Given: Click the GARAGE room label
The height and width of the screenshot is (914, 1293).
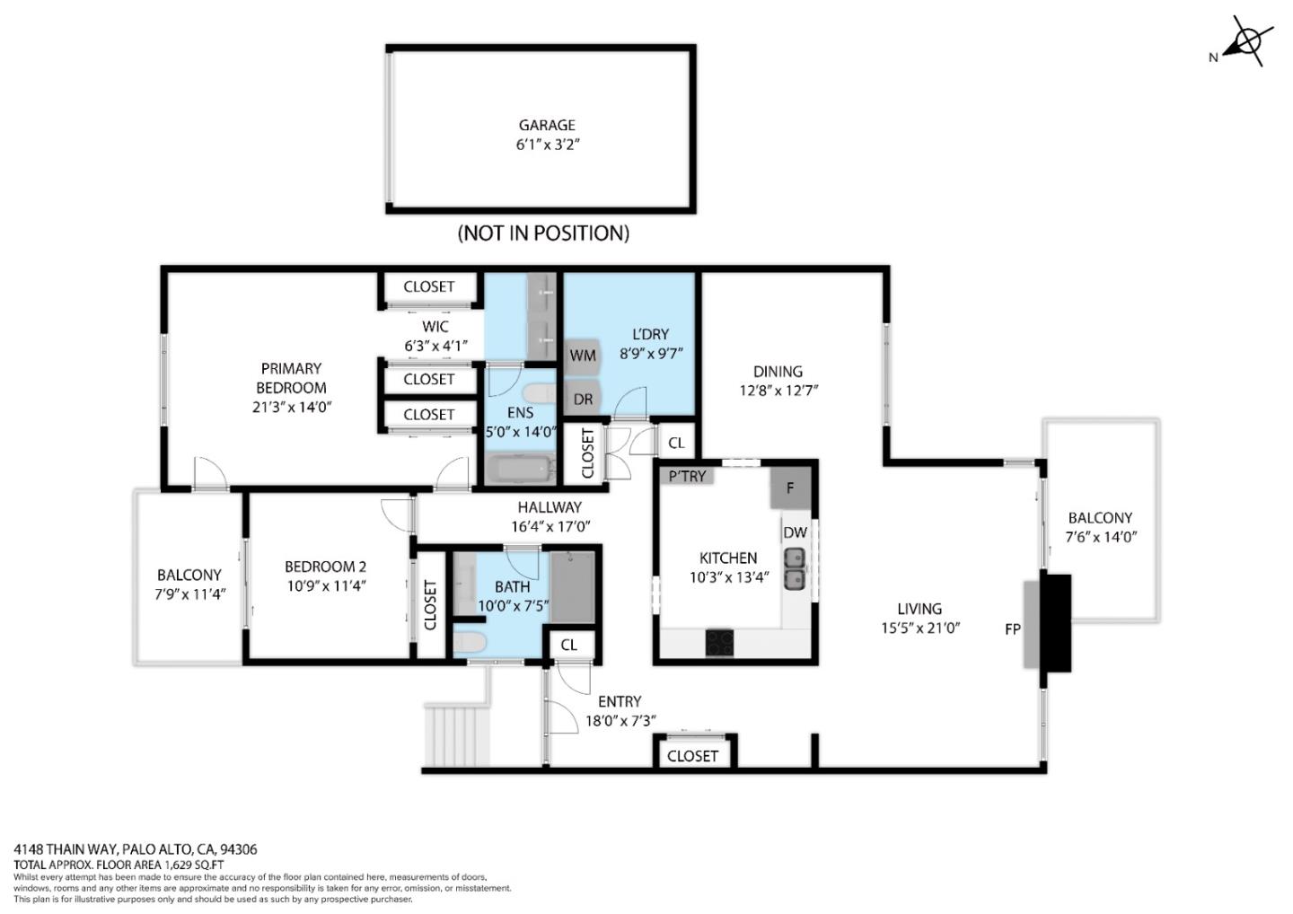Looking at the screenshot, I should pos(546,126).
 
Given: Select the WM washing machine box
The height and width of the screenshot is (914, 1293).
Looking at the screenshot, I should pos(583,356).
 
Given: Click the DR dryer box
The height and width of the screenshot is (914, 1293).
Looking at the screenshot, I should pos(582,400).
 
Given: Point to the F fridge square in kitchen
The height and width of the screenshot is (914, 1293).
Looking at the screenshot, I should pos(790,488).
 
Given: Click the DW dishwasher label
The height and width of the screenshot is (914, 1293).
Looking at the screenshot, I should pos(795,532).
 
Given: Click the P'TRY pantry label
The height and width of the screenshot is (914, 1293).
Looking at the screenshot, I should pos(688,477).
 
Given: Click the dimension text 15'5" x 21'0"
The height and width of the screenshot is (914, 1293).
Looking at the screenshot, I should pos(920,628).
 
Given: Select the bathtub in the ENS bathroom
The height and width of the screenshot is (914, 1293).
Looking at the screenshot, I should pos(520,470).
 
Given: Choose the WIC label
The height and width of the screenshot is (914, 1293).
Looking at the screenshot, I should pos(435,327).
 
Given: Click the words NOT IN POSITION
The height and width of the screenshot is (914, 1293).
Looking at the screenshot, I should pos(543,233).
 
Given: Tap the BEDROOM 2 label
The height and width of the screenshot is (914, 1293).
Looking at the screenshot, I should pos(325,567).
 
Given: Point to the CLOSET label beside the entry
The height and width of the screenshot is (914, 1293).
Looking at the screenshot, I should pos(692,756).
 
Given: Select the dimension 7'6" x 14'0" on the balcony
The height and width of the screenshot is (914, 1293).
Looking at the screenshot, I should pos(1101,538).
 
